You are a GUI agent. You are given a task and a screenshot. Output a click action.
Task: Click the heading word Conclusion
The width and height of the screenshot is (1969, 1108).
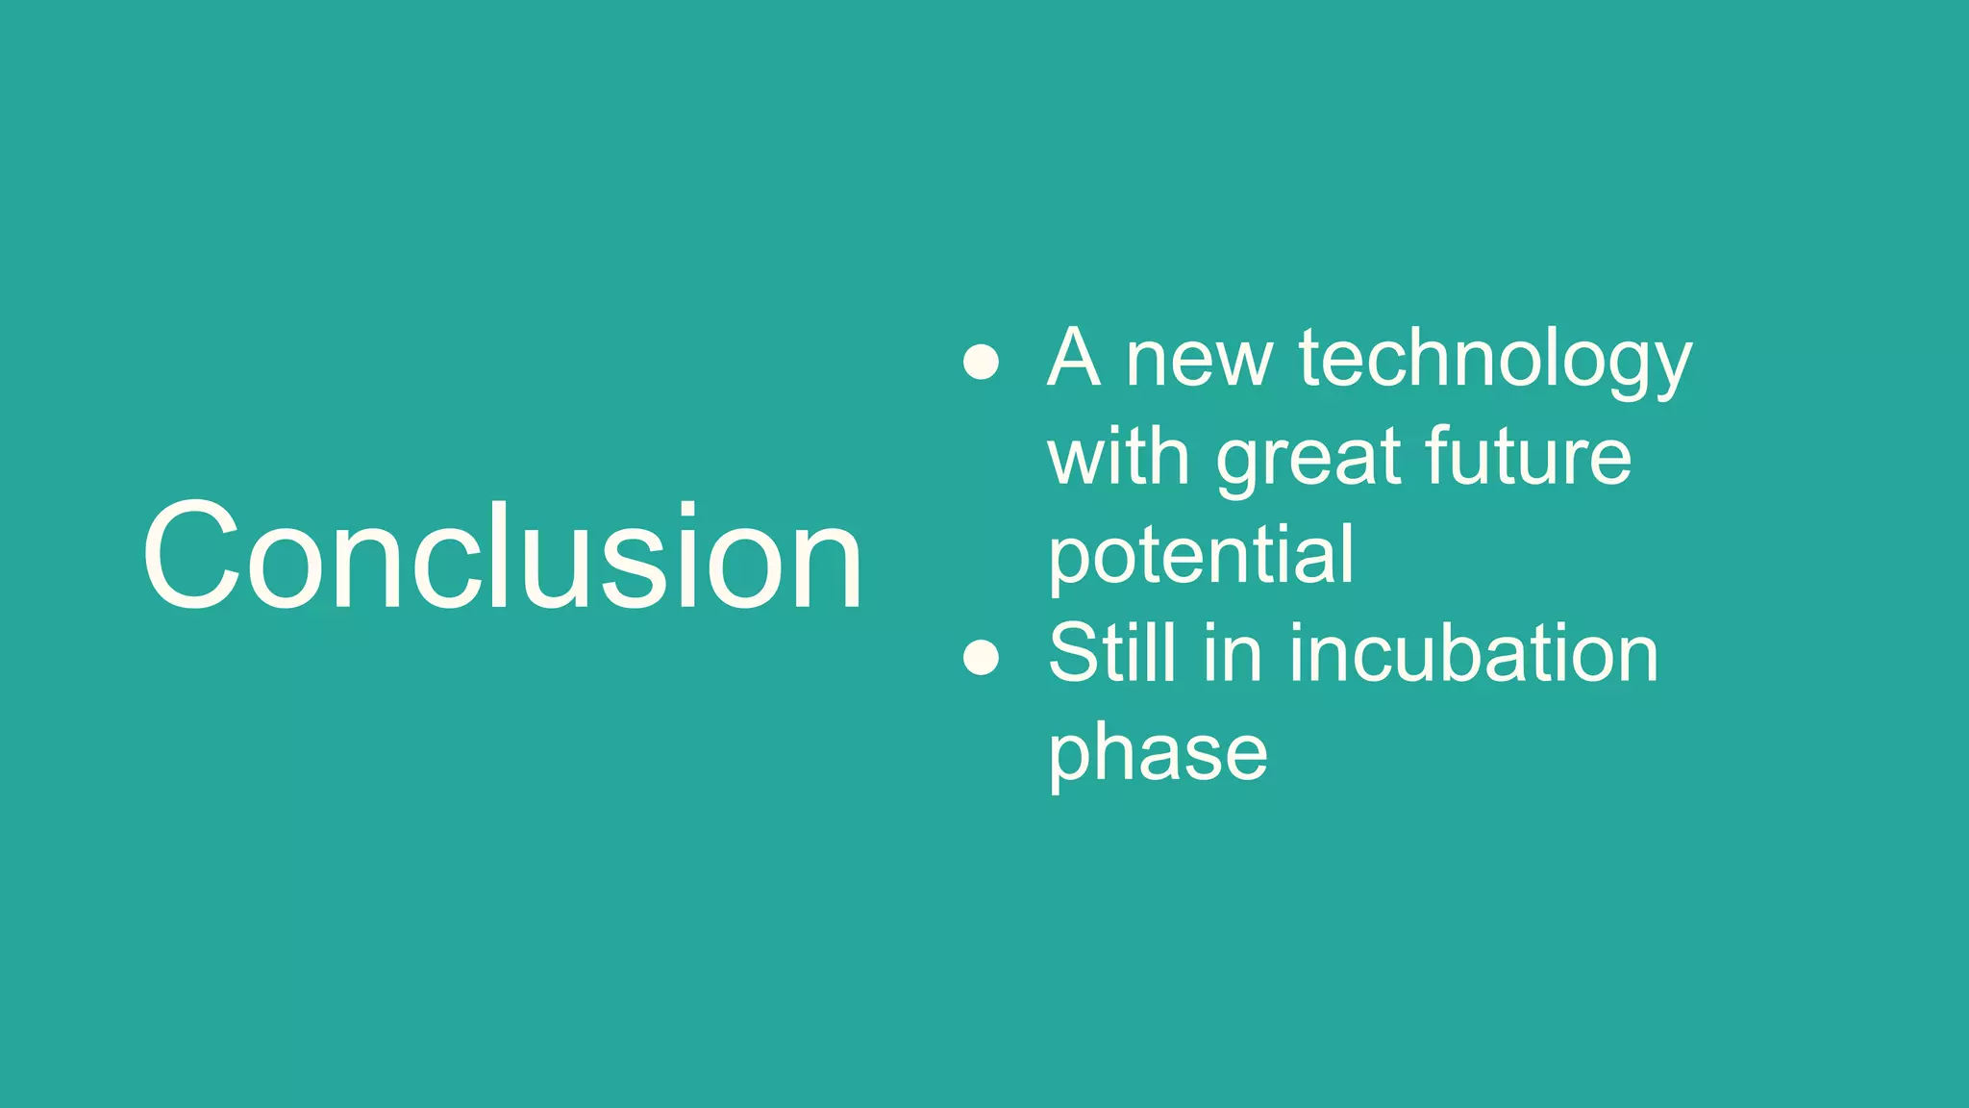click(x=502, y=556)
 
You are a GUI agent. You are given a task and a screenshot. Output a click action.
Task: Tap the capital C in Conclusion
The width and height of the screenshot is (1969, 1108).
click(x=190, y=556)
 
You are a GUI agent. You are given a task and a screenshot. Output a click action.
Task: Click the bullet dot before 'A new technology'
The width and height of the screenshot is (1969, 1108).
click(x=981, y=363)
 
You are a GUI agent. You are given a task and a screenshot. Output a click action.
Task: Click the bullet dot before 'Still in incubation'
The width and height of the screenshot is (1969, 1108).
click(x=981, y=658)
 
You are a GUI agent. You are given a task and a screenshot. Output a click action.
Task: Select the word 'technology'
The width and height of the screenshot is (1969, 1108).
click(x=1494, y=361)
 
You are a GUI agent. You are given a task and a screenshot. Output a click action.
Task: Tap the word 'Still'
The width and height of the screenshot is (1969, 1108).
click(x=1111, y=654)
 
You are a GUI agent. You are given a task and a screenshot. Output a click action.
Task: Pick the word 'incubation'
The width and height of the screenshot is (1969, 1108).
click(x=1473, y=654)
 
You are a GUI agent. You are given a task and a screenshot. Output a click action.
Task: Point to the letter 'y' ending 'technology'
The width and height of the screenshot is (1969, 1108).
click(x=1671, y=370)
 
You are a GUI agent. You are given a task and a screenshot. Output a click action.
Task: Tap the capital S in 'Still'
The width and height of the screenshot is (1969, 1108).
click(x=1074, y=654)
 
